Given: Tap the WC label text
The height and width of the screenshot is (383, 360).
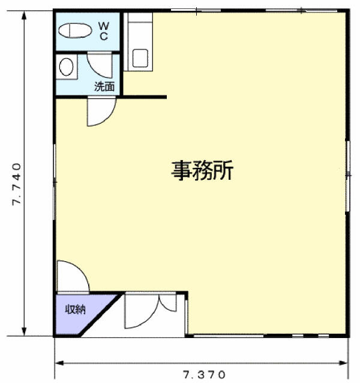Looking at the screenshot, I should click(x=103, y=31).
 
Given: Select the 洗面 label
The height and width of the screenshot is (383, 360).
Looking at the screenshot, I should click(x=104, y=86).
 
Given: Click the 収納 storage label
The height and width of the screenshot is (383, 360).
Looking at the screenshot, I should click(x=76, y=310).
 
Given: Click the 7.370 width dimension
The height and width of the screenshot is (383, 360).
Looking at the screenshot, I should click(x=205, y=375).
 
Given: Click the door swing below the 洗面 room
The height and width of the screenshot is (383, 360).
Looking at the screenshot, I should click(x=100, y=112).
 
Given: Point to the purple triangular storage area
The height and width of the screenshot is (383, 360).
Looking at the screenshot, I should click(x=78, y=315).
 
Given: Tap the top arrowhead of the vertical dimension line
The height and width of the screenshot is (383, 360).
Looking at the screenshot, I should click(x=25, y=14).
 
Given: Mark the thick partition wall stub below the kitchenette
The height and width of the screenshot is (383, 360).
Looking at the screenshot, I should click(x=144, y=96).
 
